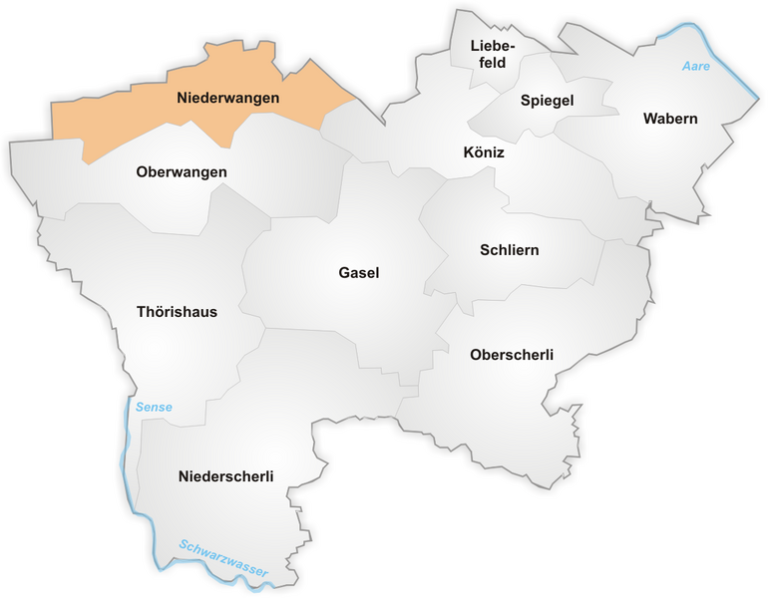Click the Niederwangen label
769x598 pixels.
(227, 99)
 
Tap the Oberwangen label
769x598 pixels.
(182, 172)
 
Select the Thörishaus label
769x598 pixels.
(177, 312)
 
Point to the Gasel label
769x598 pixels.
(359, 273)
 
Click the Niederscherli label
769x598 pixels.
(226, 476)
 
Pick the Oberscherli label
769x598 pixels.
(511, 355)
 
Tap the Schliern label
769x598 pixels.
(508, 250)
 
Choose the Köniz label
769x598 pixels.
(484, 153)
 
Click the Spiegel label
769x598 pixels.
(547, 101)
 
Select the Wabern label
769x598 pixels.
(670, 119)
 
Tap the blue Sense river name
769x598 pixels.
(153, 407)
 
